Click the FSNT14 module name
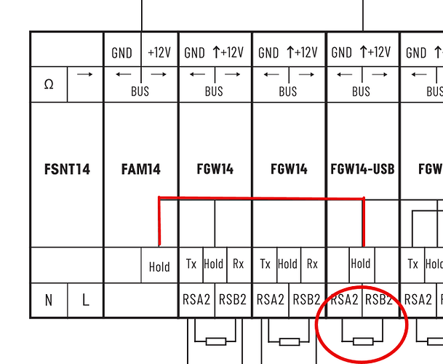66,170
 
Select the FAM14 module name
140,170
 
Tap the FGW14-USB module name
362,170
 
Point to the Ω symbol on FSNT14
48,84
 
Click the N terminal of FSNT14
48,299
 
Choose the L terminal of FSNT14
85,299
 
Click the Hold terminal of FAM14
159,266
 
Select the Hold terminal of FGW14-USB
361,264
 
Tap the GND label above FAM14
121,53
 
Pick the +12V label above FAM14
159,53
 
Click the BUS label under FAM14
140,92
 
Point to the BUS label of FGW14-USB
361,92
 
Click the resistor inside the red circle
362,341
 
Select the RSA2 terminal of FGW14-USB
344,299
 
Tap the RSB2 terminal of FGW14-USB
380,299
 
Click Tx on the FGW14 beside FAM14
191,264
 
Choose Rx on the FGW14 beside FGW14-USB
312,264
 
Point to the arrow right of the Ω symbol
85,74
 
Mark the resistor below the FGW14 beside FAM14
215,341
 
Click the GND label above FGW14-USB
342,53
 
